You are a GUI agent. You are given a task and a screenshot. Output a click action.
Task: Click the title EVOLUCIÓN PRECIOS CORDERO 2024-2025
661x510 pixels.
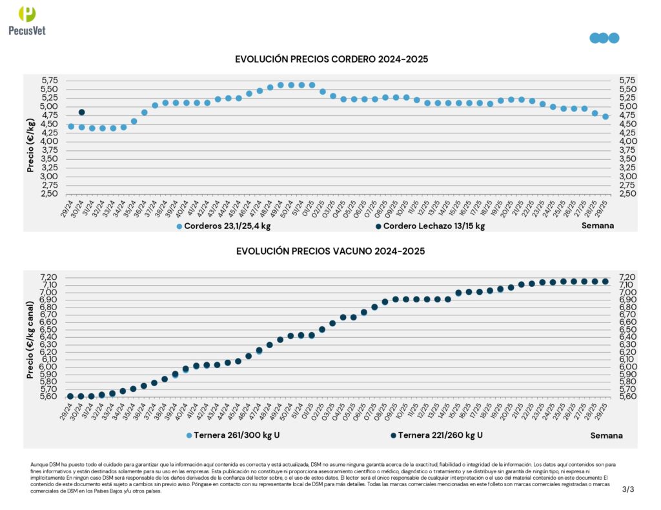click(332, 59)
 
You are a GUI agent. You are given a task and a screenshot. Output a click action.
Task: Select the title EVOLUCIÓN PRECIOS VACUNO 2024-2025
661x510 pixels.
click(330, 251)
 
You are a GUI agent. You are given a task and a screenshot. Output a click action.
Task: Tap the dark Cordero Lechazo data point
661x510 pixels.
click(81, 112)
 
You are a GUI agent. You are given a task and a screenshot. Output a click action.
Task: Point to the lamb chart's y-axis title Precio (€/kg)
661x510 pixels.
click(30, 137)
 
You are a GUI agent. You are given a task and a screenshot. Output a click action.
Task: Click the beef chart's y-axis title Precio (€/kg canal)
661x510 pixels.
click(30, 337)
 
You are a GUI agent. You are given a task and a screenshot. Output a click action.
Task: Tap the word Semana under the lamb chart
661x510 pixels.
click(597, 226)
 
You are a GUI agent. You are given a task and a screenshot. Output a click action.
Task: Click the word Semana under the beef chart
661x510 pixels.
click(606, 435)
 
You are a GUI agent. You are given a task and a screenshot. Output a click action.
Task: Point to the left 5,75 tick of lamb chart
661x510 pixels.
click(49, 80)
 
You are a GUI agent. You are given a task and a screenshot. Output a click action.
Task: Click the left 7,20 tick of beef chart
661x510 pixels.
click(49, 277)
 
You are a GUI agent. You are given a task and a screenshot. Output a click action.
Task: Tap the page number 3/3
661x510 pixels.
click(627, 489)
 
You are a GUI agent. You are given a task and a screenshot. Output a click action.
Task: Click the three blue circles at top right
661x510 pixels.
click(604, 38)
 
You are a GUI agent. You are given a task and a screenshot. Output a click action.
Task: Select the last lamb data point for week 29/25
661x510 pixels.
click(605, 117)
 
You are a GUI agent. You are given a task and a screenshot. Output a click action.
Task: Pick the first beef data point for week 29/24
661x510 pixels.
click(70, 396)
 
